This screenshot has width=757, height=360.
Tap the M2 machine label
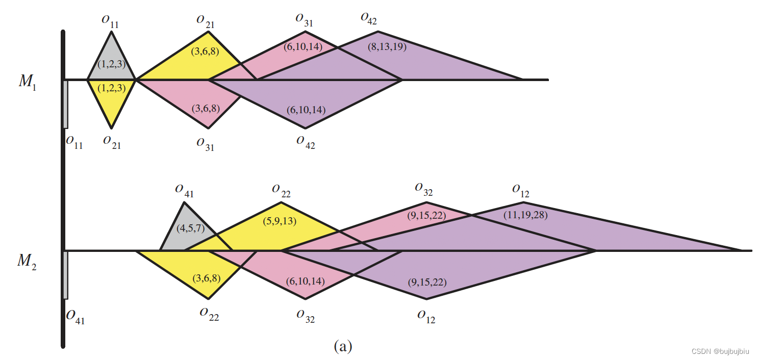pyautogui.click(x=27, y=261)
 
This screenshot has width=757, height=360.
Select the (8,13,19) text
pyautogui.click(x=387, y=47)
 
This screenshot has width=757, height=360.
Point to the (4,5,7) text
pyautogui.click(x=191, y=228)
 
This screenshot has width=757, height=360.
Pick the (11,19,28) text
pyautogui.click(x=525, y=215)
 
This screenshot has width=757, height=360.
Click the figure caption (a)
pyautogui.click(x=343, y=347)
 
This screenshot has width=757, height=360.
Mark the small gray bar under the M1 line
pyautogui.click(x=65, y=104)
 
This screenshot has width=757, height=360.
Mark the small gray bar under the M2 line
pyautogui.click(x=65, y=275)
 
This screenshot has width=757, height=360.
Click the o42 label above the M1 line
pyautogui.click(x=368, y=18)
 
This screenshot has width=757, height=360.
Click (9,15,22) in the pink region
pyautogui.click(x=427, y=215)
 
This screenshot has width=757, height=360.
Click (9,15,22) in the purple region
pyautogui.click(x=427, y=281)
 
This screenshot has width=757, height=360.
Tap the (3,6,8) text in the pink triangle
pyautogui.click(x=206, y=109)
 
